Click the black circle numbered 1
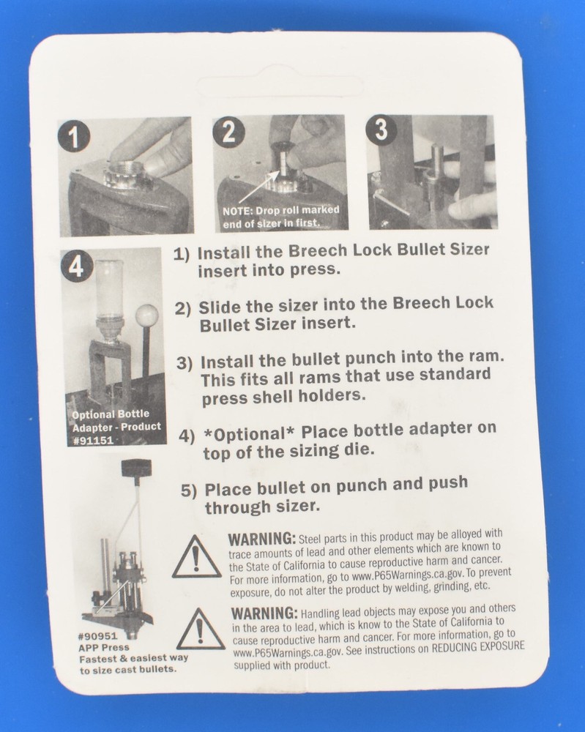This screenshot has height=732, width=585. [x=74, y=136]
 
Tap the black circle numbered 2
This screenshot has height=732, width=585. [x=228, y=132]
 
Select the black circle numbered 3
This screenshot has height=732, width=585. [x=381, y=130]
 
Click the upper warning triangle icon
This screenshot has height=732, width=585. [x=195, y=559]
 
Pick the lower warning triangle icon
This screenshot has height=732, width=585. [x=200, y=630]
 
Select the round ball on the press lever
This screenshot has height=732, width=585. [x=146, y=316]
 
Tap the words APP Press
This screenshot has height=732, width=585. [x=103, y=648]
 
